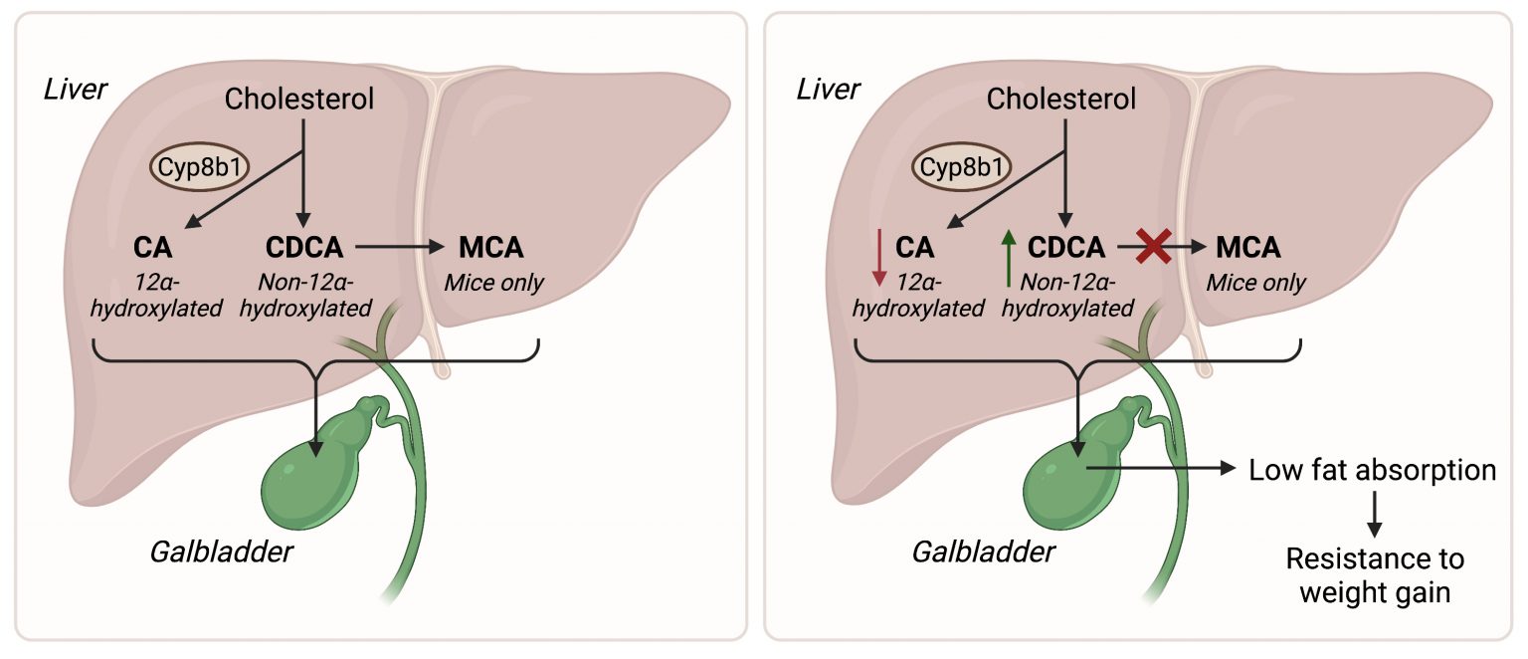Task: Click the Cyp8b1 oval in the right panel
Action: click(x=961, y=167)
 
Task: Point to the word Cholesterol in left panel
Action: click(x=299, y=99)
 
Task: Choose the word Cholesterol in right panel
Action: click(x=1060, y=99)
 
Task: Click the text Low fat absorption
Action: click(x=1372, y=469)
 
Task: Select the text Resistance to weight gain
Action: click(x=1372, y=574)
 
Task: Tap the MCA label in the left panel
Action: click(x=490, y=246)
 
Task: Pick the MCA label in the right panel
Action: click(x=1242, y=246)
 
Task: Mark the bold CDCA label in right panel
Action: click(x=1067, y=246)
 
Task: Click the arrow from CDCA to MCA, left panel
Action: click(x=398, y=245)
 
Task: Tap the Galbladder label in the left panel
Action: click(x=222, y=550)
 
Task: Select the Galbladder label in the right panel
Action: click(x=983, y=550)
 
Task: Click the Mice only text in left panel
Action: click(x=493, y=282)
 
